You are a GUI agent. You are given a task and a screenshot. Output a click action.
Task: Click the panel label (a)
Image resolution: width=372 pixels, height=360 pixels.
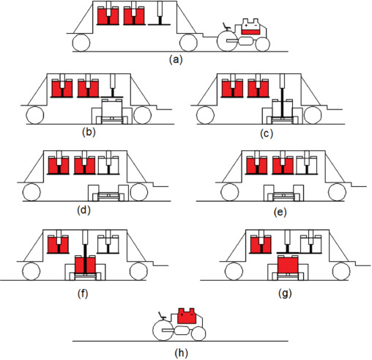pos(176,59)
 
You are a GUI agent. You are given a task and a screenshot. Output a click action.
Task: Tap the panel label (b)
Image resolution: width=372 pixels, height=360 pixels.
pos(89,132)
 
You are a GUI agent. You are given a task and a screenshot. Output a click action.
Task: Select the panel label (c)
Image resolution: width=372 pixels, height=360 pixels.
pos(267,134)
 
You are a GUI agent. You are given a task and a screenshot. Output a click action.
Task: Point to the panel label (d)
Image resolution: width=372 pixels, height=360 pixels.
pos(83,210)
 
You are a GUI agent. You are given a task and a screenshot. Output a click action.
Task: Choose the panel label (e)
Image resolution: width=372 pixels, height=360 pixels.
pos(280,212)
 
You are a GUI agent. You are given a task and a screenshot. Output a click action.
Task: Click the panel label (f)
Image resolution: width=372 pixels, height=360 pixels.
pos(83,294)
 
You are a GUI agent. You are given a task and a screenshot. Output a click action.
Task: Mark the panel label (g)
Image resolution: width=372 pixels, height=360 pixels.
pos(285,293)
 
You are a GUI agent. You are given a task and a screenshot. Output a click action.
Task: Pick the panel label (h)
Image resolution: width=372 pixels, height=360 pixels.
pos(181,353)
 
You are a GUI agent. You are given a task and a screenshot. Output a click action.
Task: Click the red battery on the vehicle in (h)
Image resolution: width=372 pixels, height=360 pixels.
pos(187,316)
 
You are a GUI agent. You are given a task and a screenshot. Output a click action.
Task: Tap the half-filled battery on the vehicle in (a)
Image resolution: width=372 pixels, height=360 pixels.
pos(250,26)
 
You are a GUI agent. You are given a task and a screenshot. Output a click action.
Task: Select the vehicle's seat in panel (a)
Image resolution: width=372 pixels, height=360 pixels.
pos(227,26)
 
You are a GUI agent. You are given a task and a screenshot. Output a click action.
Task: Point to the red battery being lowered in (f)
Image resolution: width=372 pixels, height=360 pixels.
pos(85,265)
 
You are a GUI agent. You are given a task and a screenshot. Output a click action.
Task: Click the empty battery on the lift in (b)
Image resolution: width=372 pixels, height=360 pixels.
pos(112,109)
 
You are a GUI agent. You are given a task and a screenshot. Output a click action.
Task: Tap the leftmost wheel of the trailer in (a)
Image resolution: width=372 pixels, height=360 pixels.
pos(81,43)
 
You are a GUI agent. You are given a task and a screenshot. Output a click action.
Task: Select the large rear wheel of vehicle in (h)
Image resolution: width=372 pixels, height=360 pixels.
pos(163,330)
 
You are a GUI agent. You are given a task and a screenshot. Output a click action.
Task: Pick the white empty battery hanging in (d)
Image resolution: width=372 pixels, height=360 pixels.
pos(108,165)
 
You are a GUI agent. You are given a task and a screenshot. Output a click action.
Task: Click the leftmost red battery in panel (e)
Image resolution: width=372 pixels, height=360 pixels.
pos(256,165)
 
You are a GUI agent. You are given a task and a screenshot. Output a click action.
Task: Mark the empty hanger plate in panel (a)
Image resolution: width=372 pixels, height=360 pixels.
pos(159,24)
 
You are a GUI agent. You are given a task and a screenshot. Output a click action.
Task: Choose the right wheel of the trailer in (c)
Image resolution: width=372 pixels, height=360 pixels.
pos(312,115)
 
